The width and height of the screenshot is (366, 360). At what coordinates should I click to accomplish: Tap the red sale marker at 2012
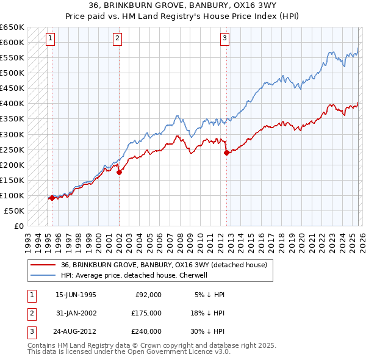[x=226, y=153]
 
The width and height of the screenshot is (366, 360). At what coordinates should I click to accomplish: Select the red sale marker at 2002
[x=119, y=173]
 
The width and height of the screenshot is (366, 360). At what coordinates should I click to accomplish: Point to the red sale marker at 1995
[x=52, y=198]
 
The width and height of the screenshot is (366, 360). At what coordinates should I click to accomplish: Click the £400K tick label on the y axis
[x=12, y=104]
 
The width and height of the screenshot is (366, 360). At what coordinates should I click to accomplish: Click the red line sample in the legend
[x=43, y=265]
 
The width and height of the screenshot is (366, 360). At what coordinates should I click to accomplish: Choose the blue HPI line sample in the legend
[x=43, y=275]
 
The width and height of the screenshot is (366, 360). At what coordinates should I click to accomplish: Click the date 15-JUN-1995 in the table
[x=76, y=295]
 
